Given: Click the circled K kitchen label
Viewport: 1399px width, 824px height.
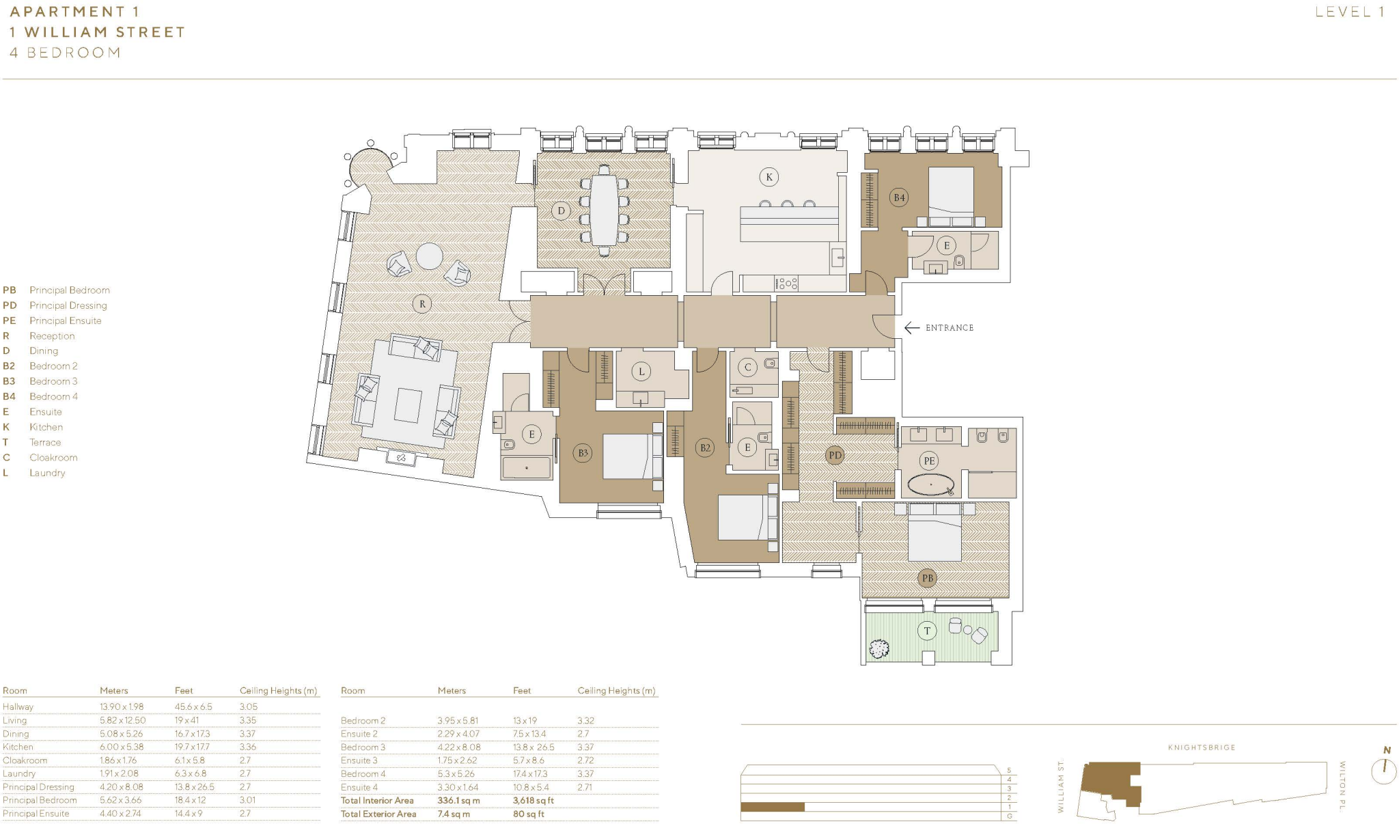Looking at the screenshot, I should click(x=769, y=178).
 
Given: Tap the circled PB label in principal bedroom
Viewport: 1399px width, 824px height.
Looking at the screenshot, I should click(x=927, y=579).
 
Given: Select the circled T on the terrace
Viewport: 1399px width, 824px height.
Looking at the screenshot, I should click(x=927, y=631).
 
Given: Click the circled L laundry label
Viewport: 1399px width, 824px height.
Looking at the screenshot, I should click(x=641, y=372).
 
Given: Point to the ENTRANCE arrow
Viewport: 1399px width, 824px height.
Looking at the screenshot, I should click(x=912, y=328).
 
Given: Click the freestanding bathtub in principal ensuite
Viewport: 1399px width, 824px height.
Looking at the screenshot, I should click(x=931, y=484).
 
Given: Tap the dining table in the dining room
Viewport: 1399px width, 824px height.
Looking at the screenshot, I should click(x=604, y=210).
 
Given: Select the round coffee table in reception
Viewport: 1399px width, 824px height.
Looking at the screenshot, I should click(x=430, y=257).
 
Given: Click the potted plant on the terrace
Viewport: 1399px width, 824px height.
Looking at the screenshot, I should click(x=878, y=648).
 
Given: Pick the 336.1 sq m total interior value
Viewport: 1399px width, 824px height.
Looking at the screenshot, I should click(x=458, y=800).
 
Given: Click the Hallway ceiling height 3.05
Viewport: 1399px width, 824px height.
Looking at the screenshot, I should click(x=248, y=707).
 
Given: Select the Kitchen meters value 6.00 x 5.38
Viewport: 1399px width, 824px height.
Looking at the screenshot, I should click(x=121, y=747).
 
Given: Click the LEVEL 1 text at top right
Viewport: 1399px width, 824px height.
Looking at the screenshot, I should click(x=1349, y=12).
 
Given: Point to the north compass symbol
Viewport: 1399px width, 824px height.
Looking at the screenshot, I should click(x=1385, y=767).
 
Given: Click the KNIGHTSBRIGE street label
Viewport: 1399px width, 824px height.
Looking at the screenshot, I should click(x=1201, y=747).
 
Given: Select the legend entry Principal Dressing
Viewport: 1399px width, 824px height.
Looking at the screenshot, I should click(x=68, y=305).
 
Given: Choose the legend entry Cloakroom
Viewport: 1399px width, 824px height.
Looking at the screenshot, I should click(x=53, y=458).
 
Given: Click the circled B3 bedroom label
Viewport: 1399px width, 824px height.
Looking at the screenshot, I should click(x=583, y=452).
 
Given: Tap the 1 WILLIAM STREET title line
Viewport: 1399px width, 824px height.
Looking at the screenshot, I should click(x=97, y=32).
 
